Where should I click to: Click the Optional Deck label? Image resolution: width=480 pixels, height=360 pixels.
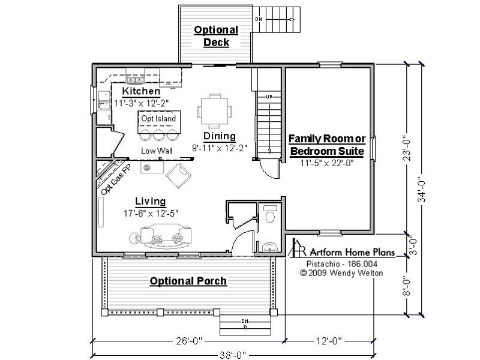point(216,36)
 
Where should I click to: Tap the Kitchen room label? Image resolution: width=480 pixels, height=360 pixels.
point(141,91)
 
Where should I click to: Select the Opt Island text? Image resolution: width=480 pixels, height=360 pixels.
point(158,118)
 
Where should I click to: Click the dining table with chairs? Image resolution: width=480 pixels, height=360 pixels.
point(215,111)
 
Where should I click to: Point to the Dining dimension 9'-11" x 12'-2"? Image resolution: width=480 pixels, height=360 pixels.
point(219,148)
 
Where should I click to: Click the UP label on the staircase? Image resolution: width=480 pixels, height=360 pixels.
point(269,97)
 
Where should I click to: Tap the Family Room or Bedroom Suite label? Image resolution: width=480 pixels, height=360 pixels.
point(327,145)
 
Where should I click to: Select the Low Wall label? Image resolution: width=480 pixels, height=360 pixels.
point(157,151)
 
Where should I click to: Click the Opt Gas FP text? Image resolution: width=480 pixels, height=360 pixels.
point(116,179)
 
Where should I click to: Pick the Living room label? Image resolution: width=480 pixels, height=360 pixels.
point(151,201)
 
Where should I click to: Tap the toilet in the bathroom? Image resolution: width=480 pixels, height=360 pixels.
point(269,214)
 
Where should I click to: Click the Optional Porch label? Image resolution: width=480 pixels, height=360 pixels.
point(188,281)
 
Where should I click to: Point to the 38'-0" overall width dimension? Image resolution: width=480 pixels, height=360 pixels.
point(233,355)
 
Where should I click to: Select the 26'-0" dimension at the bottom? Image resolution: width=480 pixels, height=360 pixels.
point(189,341)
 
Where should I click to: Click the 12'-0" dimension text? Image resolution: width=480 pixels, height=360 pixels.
point(328,341)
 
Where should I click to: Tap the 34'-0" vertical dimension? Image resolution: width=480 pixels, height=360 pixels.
point(422,190)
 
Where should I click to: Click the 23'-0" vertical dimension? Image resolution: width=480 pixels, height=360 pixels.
point(407,148)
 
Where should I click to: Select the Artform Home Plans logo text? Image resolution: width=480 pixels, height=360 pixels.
point(352,252)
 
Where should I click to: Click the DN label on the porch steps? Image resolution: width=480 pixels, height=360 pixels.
point(245,321)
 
